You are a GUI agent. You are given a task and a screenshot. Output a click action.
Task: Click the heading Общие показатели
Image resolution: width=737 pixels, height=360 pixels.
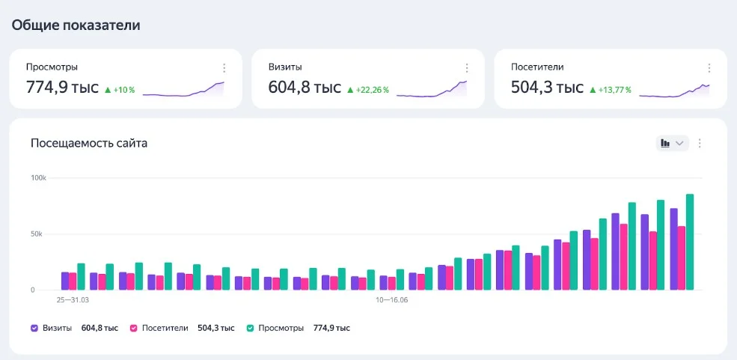(x=76, y=25)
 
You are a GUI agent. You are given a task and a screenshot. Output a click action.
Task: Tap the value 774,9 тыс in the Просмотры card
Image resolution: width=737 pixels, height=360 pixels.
(x=62, y=87)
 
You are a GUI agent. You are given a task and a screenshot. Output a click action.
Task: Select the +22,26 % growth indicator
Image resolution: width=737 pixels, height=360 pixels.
(x=368, y=90)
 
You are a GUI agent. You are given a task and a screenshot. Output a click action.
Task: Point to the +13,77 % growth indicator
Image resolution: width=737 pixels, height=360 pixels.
(x=610, y=90)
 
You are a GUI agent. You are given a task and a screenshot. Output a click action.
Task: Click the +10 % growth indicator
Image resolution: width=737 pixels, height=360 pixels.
(x=120, y=90)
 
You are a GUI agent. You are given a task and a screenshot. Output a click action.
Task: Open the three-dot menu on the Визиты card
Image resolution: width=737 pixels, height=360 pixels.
(x=467, y=68)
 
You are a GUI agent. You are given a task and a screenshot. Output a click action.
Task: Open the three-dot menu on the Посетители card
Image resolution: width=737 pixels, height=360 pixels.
(x=709, y=68)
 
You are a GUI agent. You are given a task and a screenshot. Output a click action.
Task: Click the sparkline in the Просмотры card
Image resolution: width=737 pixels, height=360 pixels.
(x=183, y=89)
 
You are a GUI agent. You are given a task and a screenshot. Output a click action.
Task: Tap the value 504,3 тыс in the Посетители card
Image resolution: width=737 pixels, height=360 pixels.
(x=547, y=87)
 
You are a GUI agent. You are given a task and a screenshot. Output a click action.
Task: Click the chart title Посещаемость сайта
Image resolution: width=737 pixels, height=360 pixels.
(x=89, y=144)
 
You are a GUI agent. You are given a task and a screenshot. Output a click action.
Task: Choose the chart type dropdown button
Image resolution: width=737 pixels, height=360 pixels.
(x=672, y=144)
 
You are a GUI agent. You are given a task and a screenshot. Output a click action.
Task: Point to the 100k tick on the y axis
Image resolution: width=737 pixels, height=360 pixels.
(x=39, y=178)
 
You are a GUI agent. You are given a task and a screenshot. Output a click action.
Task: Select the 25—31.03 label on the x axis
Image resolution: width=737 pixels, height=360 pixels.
(x=73, y=299)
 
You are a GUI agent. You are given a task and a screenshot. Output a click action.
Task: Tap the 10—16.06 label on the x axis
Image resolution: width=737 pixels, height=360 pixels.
(x=391, y=299)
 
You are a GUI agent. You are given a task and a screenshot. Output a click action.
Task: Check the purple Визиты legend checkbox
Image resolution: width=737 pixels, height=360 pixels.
(x=34, y=328)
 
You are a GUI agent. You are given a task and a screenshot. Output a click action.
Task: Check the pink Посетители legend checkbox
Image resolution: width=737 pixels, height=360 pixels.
(x=133, y=328)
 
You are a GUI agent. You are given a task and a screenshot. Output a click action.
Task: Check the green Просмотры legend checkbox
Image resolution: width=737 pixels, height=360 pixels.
(x=251, y=328)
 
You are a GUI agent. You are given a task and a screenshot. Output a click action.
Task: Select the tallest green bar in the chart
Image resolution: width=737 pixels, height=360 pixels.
(x=690, y=242)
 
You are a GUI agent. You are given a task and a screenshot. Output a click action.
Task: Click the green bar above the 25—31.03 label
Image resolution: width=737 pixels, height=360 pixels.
(x=81, y=277)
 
